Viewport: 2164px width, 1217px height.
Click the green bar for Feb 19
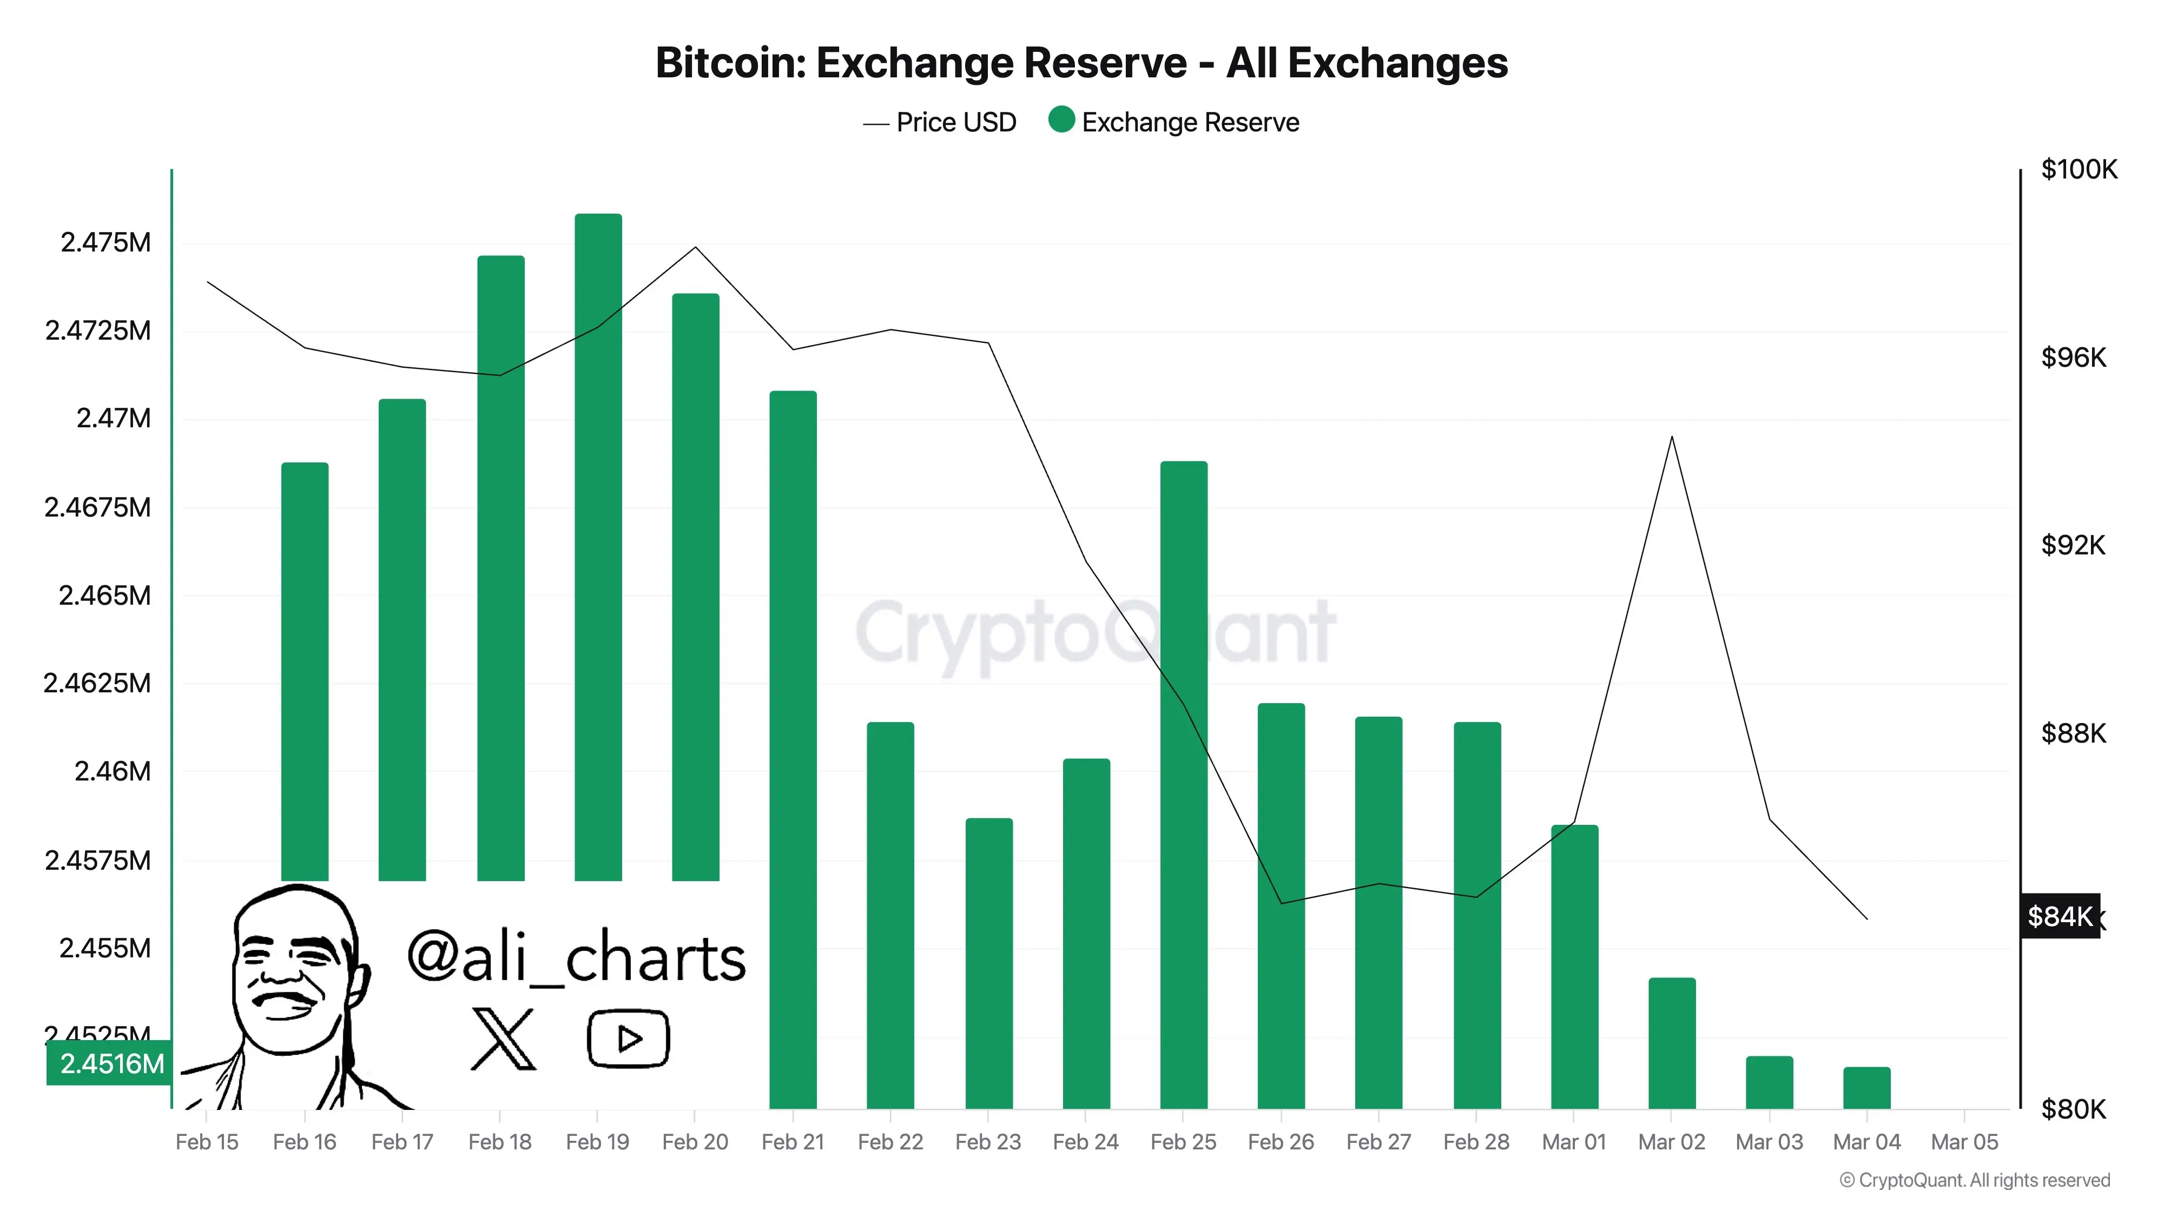598,546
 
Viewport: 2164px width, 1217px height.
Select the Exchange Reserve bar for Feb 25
1184,781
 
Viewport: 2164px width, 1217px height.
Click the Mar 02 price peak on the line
1672,438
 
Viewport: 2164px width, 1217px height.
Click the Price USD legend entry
940,123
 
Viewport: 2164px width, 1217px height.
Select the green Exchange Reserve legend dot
1062,120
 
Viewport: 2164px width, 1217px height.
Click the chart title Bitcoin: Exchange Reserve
1081,63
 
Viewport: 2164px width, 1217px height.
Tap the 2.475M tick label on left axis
106,243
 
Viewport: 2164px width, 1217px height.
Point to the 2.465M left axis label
105,596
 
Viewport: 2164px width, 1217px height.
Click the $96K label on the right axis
2073,358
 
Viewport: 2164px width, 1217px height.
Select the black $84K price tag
2060,916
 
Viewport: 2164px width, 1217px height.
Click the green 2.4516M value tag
110,1063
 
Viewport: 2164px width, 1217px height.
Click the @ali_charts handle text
576,957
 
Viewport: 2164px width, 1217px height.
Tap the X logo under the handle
503,1040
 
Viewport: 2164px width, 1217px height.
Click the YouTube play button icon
628,1039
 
